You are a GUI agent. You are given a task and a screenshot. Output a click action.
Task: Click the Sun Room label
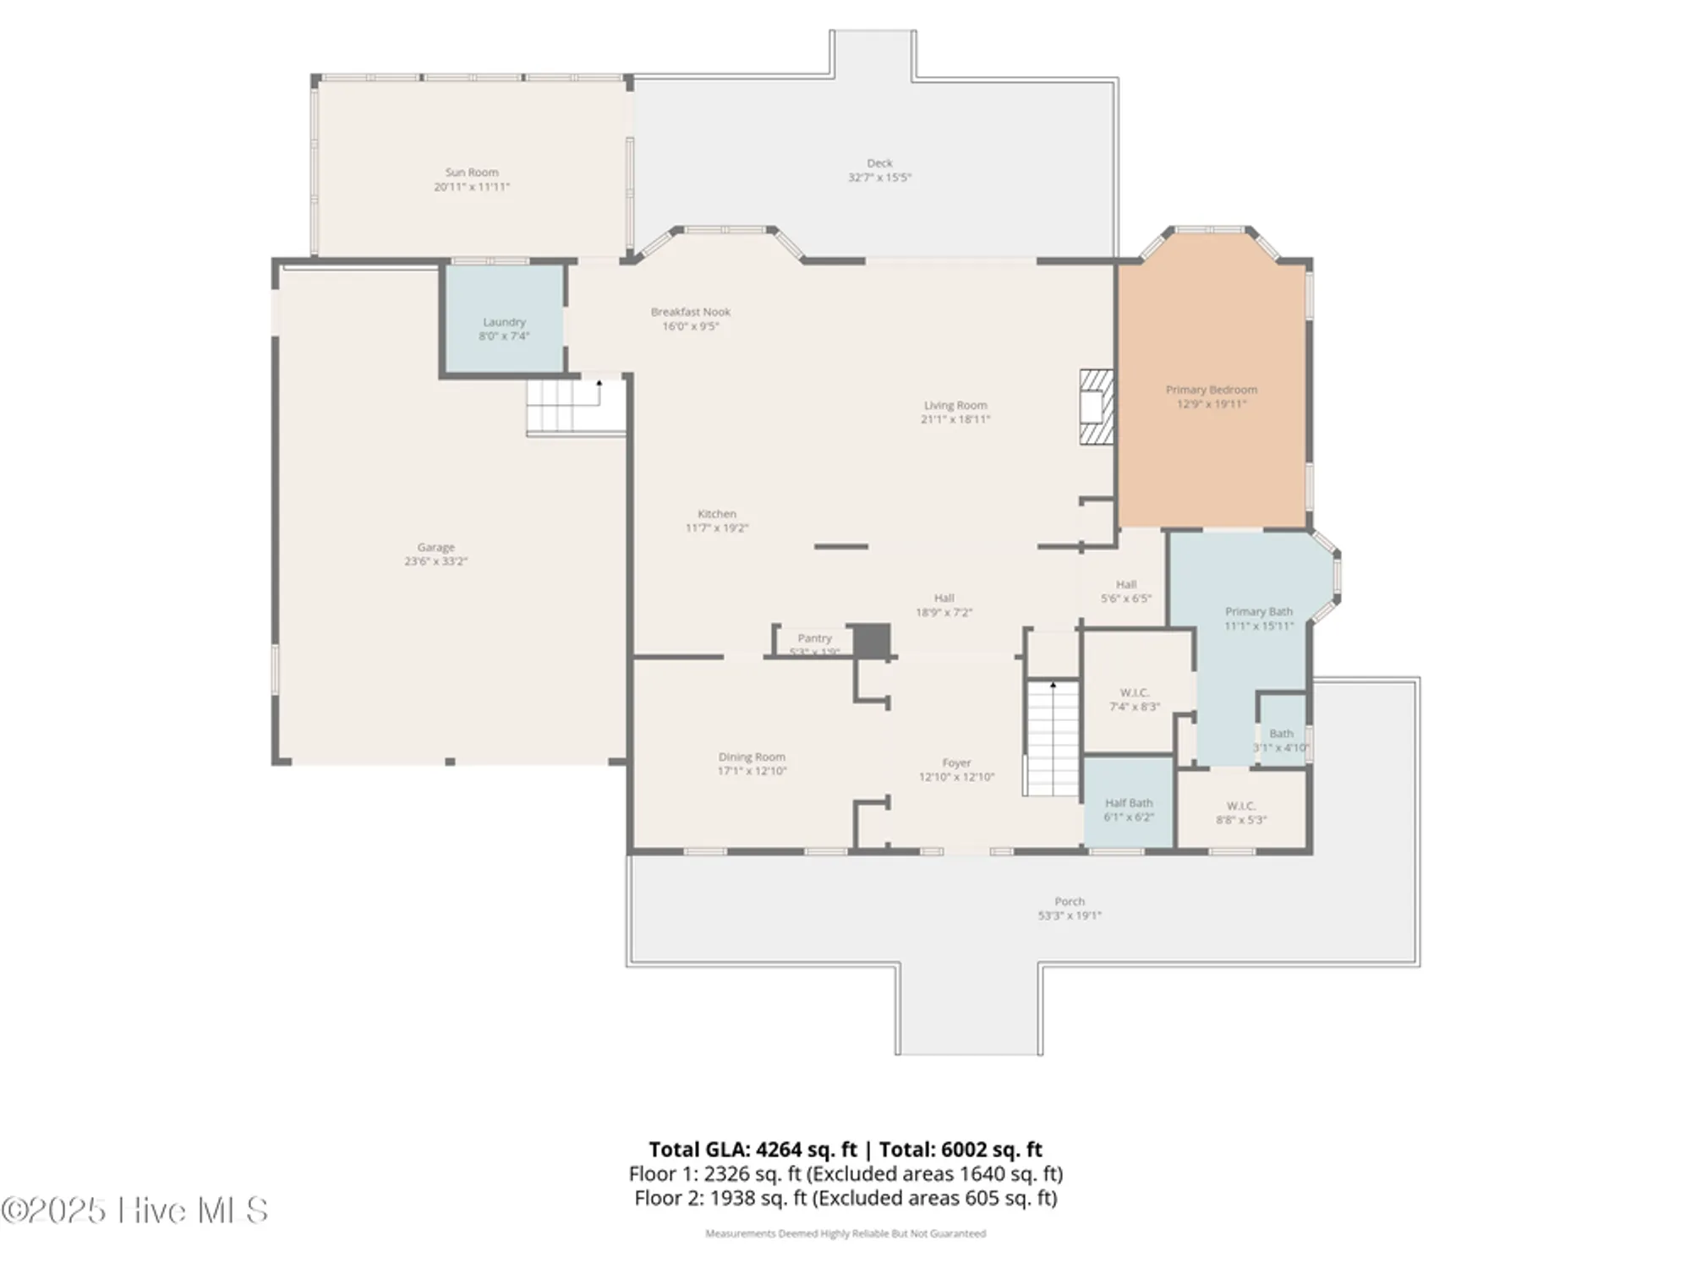pyautogui.click(x=472, y=172)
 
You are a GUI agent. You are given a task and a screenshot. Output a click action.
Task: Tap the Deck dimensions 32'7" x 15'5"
pyautogui.click(x=879, y=178)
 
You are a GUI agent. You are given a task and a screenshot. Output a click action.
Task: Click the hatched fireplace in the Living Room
pyautogui.click(x=1096, y=407)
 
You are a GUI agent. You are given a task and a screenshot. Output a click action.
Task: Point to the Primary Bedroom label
pyautogui.click(x=1211, y=390)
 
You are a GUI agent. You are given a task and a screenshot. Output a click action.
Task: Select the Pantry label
pyautogui.click(x=814, y=638)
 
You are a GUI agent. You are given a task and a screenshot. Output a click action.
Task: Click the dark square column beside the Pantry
pyautogui.click(x=871, y=641)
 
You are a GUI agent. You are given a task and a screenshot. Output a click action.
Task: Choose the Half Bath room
pyautogui.click(x=1128, y=803)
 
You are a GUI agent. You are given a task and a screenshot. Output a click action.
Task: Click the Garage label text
pyautogui.click(x=435, y=548)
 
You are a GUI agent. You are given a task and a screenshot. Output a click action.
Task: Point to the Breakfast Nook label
pyautogui.click(x=690, y=312)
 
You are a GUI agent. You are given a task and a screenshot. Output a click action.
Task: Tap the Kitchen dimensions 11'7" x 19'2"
pyautogui.click(x=716, y=528)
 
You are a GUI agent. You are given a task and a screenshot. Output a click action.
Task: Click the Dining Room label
pyautogui.click(x=752, y=757)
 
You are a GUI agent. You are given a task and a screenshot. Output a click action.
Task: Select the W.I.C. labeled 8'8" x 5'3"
pyautogui.click(x=1240, y=812)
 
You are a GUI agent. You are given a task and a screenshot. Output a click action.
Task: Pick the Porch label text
pyautogui.click(x=1069, y=901)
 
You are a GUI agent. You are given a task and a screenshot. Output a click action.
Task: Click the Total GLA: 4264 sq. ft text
pyautogui.click(x=752, y=1150)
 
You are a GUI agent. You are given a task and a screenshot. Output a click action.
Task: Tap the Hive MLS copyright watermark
pyautogui.click(x=135, y=1211)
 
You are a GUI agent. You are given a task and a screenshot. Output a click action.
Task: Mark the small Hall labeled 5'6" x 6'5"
pyautogui.click(x=1125, y=591)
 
